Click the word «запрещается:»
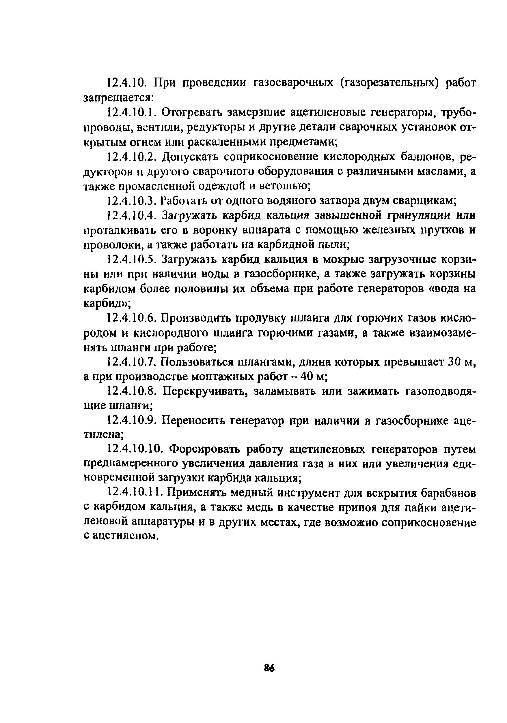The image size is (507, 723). click(x=119, y=98)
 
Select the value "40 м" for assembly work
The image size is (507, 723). click(x=311, y=377)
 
